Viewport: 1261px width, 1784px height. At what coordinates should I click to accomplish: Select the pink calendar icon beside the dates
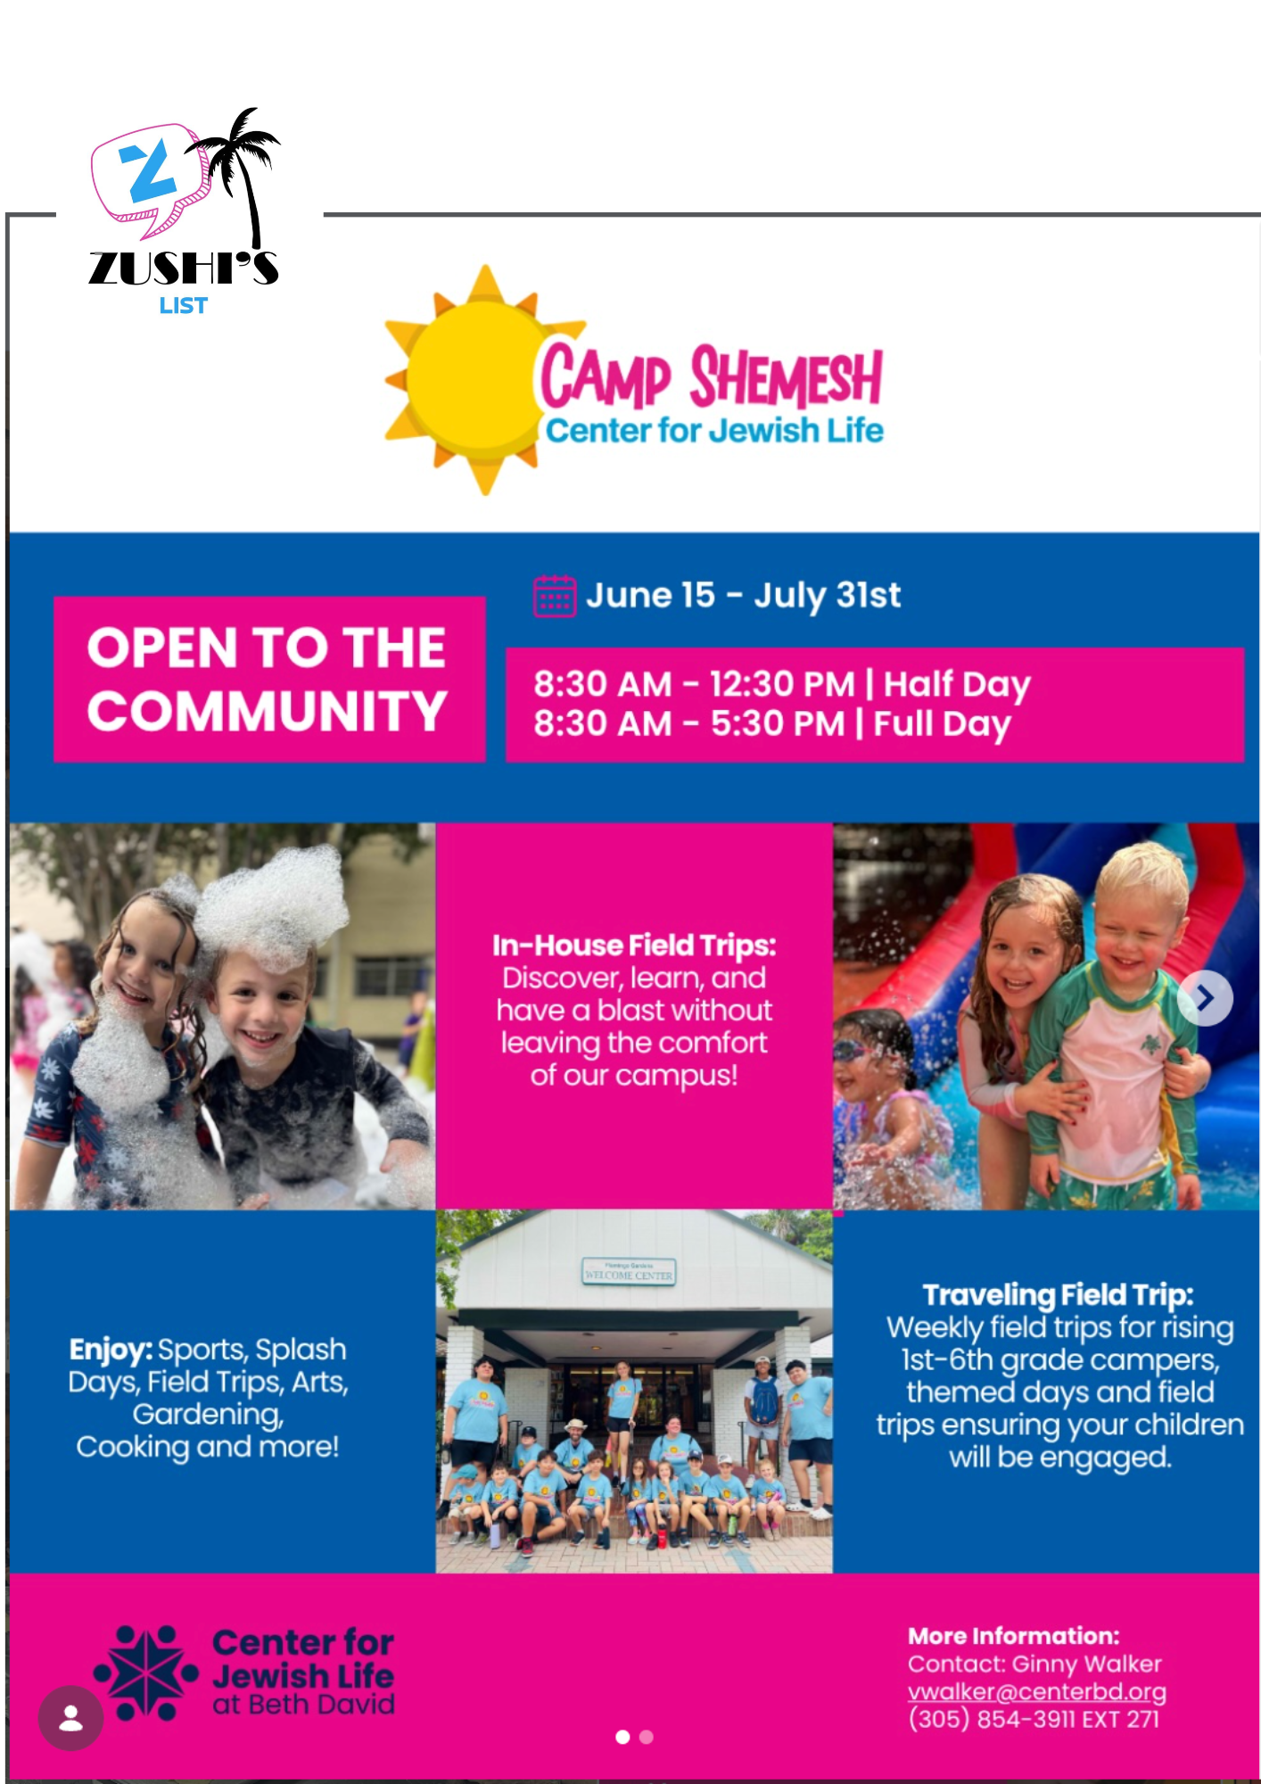tap(554, 596)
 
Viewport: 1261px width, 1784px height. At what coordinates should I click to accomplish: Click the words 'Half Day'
tap(957, 684)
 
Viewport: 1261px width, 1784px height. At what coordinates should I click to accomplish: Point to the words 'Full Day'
tap(942, 723)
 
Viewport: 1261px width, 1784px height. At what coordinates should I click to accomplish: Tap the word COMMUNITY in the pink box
tap(267, 711)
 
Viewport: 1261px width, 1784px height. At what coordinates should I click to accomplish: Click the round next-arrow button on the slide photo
tap(1205, 998)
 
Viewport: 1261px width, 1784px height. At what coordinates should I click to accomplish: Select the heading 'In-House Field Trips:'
tap(634, 946)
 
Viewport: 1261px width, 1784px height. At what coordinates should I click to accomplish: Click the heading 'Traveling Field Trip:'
tap(1059, 1294)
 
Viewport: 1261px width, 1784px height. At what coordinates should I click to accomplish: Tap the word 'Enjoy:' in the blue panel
tap(111, 1350)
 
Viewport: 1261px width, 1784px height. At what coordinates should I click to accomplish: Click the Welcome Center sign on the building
tap(629, 1272)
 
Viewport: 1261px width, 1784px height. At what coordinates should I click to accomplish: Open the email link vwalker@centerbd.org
tap(1037, 1691)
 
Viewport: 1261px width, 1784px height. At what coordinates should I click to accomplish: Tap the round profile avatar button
tap(70, 1718)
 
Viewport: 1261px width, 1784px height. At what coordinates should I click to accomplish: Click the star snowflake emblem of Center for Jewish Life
tap(145, 1673)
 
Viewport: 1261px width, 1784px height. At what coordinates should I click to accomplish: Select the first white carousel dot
tap(622, 1737)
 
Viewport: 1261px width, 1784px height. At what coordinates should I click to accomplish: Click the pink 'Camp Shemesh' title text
tap(712, 376)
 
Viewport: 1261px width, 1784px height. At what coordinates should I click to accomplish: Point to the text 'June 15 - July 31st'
tap(743, 595)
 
